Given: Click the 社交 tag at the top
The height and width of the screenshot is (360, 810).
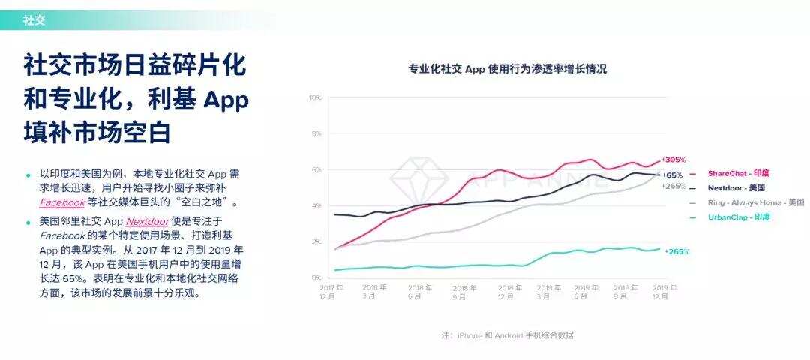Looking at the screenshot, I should point(34,20).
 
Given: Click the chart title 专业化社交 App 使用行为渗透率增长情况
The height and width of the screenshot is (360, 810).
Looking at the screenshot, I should point(507,69).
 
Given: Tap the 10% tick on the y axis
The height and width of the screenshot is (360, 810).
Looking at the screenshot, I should point(315,97).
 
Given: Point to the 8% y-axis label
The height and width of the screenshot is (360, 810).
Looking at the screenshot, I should point(316,133).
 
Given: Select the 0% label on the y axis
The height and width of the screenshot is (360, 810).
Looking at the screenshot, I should point(316,277).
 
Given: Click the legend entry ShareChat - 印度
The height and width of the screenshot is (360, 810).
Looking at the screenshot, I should point(738,173).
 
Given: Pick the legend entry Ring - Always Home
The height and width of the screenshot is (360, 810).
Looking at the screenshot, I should point(745,202).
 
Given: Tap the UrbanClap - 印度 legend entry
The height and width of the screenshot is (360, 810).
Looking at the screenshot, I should point(738,217).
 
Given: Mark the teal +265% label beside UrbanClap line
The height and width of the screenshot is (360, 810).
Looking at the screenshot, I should point(676,252).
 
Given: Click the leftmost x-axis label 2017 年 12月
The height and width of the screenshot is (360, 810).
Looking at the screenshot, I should point(331,292).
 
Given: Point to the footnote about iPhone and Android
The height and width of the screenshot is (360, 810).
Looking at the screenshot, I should point(507,335).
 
